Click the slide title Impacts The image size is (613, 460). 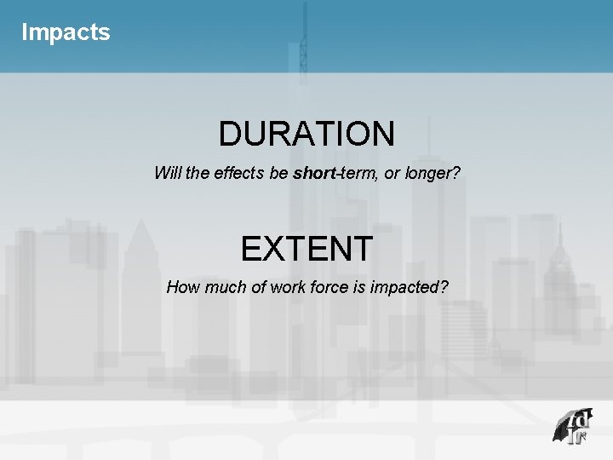coord(66,32)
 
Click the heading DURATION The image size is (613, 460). coord(306,134)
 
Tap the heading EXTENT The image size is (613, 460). coord(306,249)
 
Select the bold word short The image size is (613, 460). coord(315,173)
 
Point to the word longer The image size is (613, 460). coord(433,174)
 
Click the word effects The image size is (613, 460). coord(239,173)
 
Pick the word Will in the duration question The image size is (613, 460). coord(167,173)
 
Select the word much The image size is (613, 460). coord(225,287)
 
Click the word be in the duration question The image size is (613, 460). coord(278,173)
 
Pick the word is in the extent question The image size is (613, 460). coord(370,287)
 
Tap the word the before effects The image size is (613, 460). coord(198,173)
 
